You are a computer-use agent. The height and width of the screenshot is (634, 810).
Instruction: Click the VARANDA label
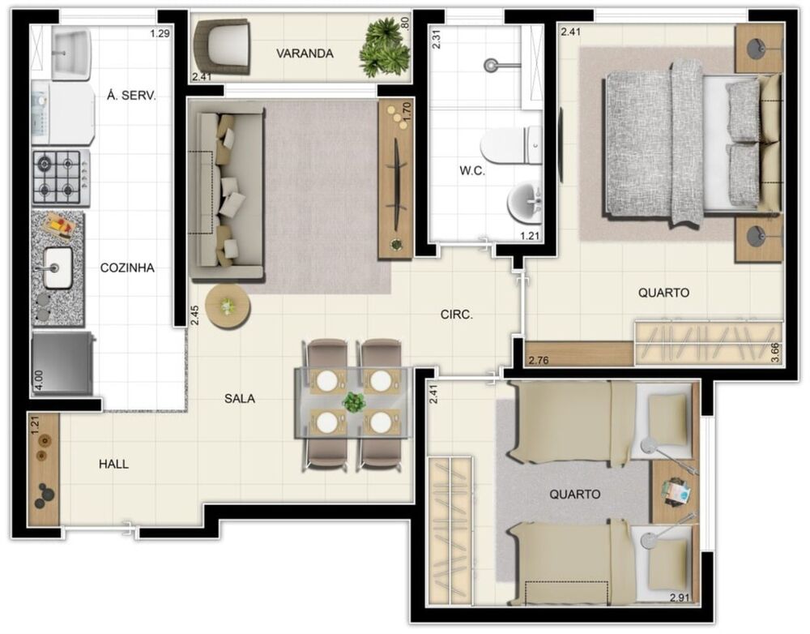point(305,54)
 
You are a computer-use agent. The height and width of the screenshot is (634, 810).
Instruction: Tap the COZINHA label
point(127,268)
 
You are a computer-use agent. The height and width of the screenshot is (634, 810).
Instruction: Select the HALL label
point(113,465)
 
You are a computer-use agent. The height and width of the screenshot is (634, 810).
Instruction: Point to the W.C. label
point(472,172)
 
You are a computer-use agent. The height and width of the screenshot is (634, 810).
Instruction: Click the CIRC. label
point(456,315)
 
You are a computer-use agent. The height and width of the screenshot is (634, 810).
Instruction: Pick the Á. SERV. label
point(131,95)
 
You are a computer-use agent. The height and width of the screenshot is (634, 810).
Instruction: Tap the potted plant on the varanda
point(383,47)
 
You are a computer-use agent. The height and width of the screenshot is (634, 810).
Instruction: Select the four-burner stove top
point(60,178)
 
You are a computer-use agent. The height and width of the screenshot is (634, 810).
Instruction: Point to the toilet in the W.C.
point(509,147)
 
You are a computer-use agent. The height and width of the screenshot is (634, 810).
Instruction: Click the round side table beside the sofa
point(228,306)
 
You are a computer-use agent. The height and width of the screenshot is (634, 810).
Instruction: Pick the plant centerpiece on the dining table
point(353,401)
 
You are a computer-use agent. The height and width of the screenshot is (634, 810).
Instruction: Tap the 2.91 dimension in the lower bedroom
point(681,598)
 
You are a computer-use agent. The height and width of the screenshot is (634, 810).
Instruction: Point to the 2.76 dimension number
point(539,359)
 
